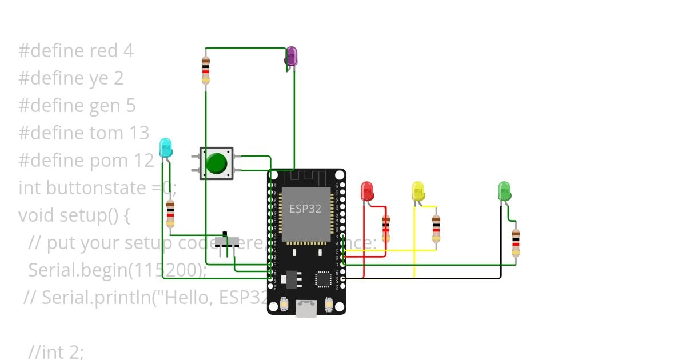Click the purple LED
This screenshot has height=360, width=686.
point(292,56)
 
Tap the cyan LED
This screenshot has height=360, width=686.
point(165,147)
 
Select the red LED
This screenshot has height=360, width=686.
point(367,191)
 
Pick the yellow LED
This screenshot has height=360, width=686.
point(418,191)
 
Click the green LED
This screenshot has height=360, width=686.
point(504,191)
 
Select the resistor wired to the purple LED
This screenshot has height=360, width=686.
point(206,70)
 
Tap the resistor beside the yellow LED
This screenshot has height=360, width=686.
point(436,228)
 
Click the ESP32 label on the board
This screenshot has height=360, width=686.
point(305,209)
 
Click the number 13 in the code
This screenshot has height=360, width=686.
point(139,133)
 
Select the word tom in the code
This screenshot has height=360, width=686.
point(107,133)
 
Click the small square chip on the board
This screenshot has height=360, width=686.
point(323,278)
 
